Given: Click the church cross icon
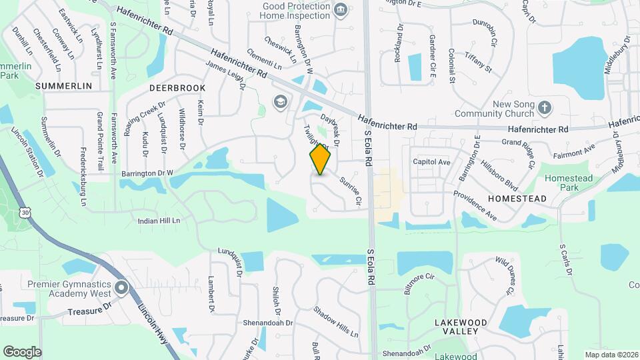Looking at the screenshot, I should tap(545, 107).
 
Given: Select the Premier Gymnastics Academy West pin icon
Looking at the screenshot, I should tap(121, 289).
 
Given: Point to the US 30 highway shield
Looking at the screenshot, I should tap(25, 212).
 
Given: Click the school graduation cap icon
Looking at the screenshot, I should tap(280, 101).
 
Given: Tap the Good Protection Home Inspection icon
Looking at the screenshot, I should tap(341, 9).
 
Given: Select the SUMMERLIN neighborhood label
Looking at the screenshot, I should tap(63, 86).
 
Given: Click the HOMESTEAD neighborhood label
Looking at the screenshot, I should tap(517, 199).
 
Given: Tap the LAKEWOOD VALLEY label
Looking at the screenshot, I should tap(460, 327).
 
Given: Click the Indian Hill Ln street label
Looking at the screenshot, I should tap(159, 221).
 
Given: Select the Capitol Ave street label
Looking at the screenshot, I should tap(431, 162).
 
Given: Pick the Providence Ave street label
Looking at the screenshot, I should tap(475, 205).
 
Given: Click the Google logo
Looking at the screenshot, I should tap(22, 352).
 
